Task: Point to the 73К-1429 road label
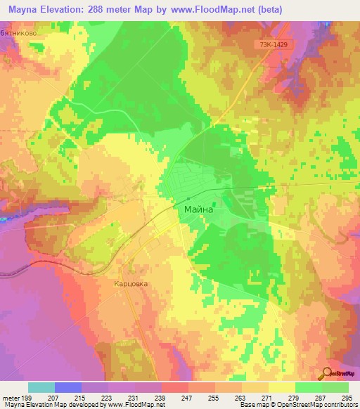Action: (x=272, y=44)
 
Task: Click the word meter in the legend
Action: (x=11, y=397)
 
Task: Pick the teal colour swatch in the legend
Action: (x=41, y=387)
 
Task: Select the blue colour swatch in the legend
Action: (x=68, y=387)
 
